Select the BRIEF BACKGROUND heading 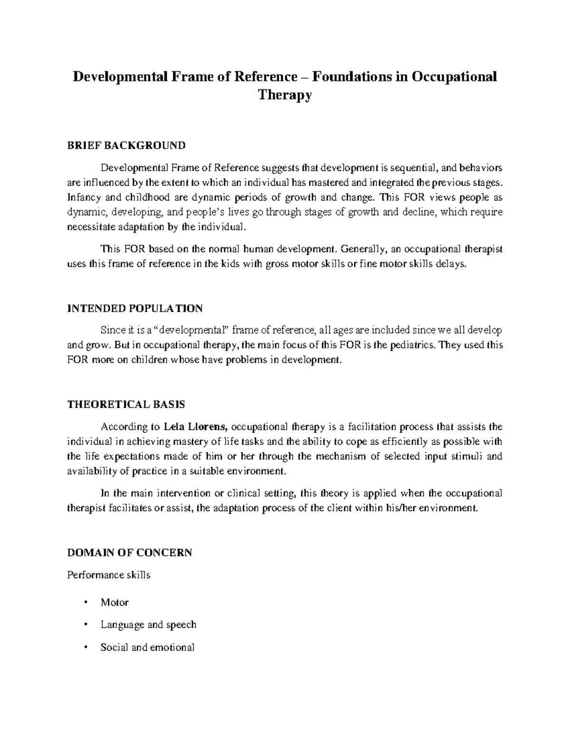pos(126,145)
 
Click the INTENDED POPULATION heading pos(135,308)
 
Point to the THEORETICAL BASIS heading pos(126,405)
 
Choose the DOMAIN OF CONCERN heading pos(130,553)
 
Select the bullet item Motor pos(114,603)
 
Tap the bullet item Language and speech pos(148,624)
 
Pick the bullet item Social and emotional pos(147,647)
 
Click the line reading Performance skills pos(109,575)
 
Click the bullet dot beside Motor pos(85,602)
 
